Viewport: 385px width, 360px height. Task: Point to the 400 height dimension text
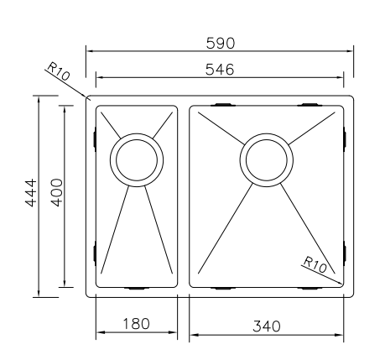[56, 195]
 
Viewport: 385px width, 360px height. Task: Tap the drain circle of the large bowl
[267, 159]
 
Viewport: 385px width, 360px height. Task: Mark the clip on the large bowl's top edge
[224, 104]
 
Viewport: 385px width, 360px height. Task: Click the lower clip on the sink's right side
[346, 251]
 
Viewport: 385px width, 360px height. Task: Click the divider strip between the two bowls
[184, 196]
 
